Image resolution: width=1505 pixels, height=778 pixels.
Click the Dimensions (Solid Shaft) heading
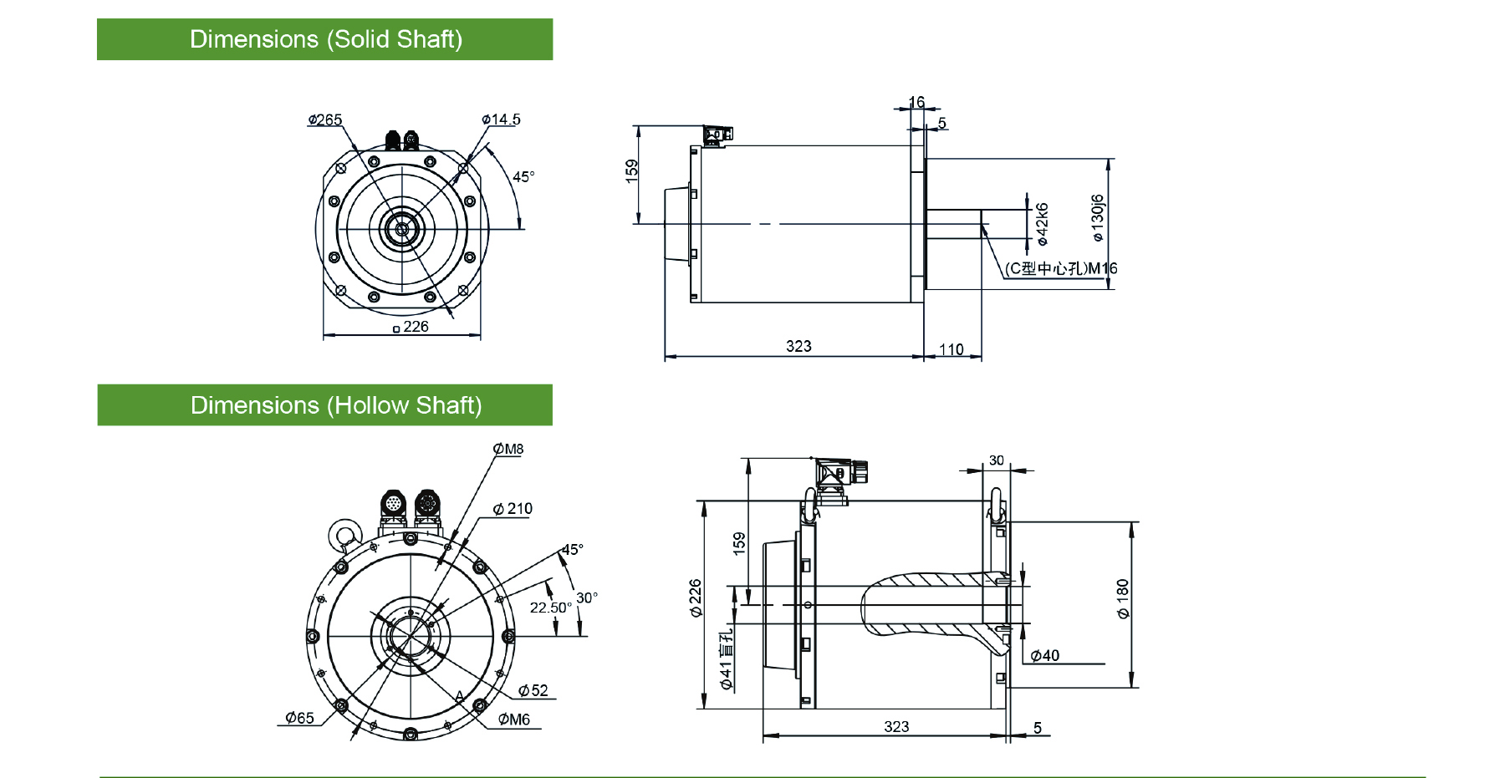(325, 39)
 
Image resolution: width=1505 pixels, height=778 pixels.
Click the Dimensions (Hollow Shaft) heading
(335, 405)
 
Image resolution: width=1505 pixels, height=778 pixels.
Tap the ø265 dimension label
(325, 119)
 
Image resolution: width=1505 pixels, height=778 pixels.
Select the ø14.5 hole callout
(501, 119)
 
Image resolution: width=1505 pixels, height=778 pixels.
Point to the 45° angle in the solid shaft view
(523, 176)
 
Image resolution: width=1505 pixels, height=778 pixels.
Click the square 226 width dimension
(411, 327)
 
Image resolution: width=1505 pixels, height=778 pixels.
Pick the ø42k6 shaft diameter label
(1042, 224)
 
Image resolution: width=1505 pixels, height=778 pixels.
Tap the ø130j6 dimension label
(1098, 218)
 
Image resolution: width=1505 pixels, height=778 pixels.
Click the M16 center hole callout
(1061, 268)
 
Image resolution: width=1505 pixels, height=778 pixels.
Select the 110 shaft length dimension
(951, 349)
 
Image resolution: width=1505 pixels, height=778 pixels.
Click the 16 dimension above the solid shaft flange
(916, 102)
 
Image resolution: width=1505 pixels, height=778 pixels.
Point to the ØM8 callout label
(508, 450)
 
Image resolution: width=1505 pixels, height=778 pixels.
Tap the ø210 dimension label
(513, 509)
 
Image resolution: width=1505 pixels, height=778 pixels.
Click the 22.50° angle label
(550, 608)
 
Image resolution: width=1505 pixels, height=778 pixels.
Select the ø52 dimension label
(533, 690)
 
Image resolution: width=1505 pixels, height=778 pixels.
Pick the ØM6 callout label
(514, 720)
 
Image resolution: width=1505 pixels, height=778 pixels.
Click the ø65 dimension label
(299, 718)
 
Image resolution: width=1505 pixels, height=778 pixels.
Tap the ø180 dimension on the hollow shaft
(1123, 598)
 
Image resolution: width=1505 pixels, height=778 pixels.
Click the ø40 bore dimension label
(1045, 656)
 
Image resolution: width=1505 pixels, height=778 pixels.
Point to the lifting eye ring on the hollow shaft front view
(344, 533)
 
